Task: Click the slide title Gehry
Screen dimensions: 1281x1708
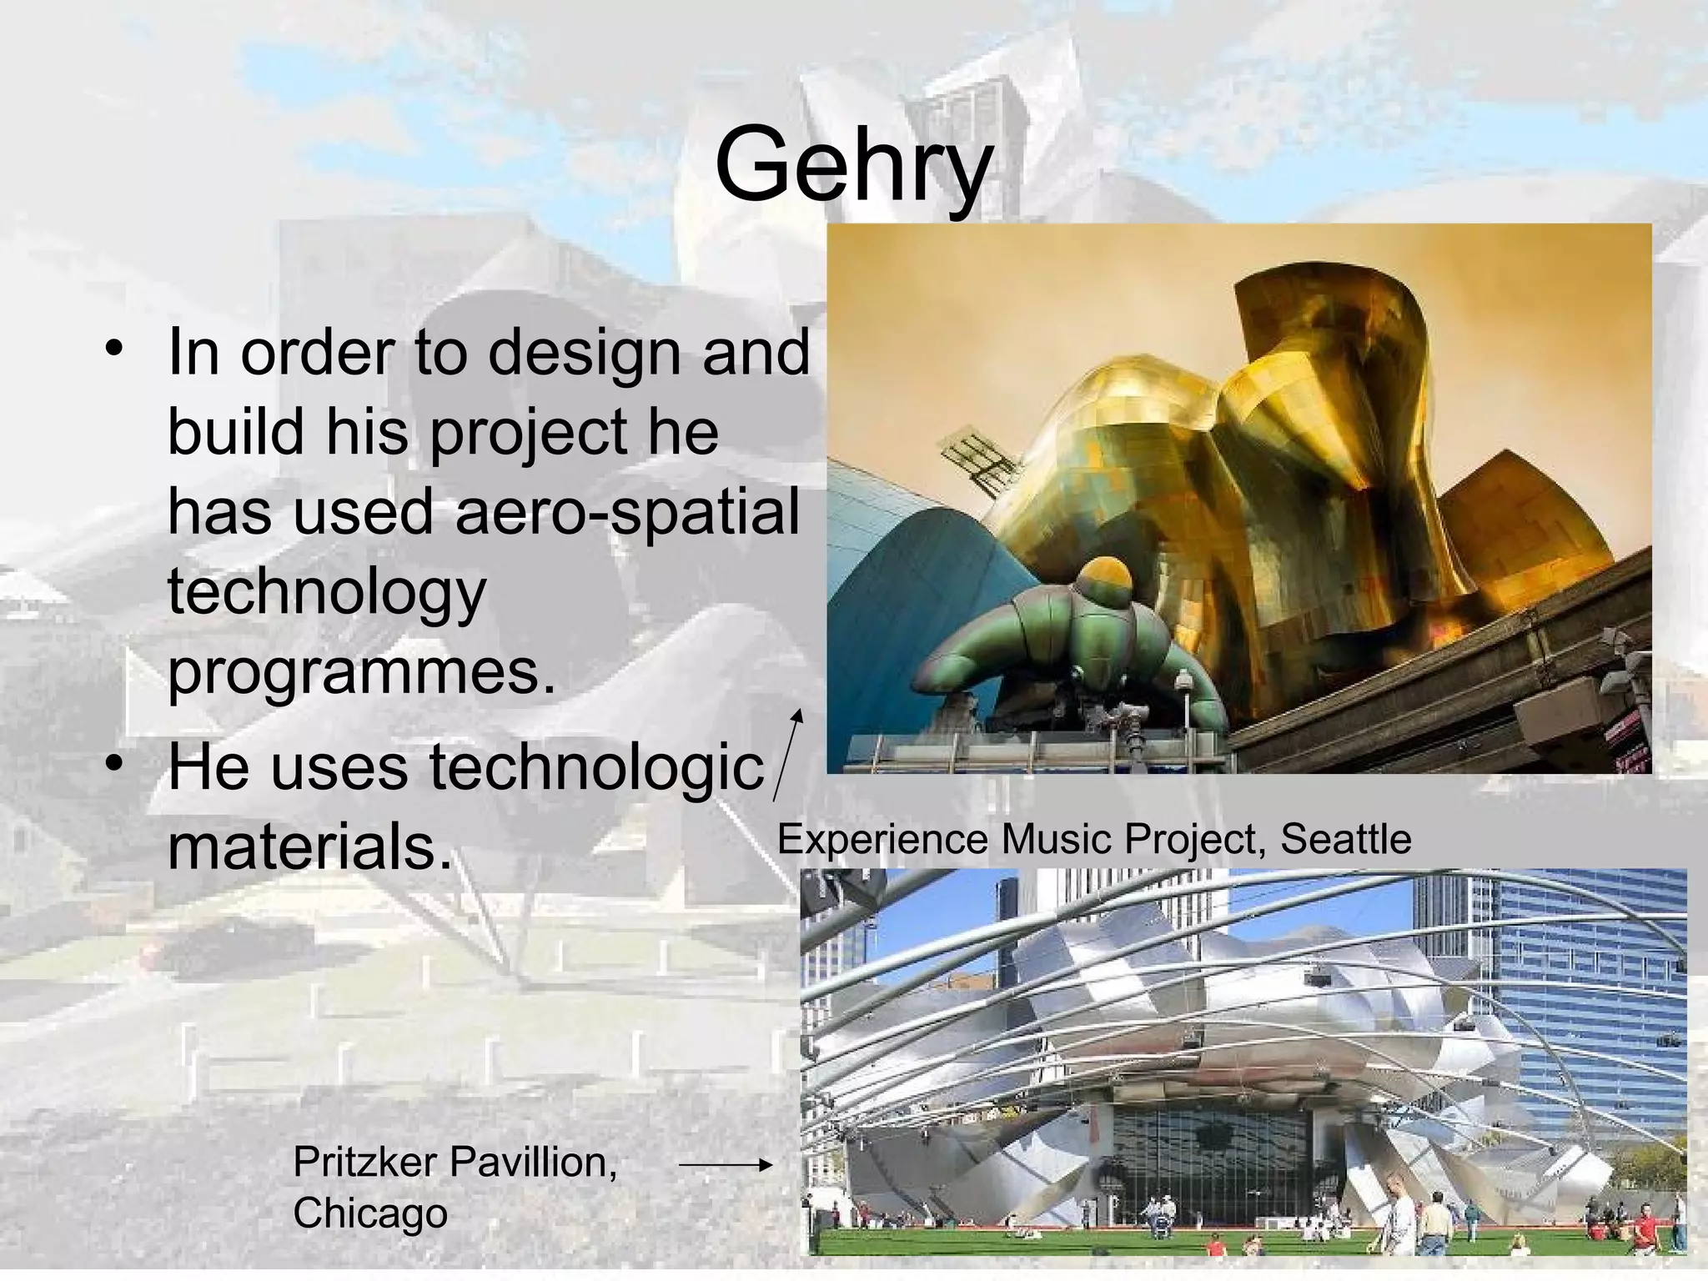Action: coord(853,164)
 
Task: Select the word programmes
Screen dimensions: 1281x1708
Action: coord(361,672)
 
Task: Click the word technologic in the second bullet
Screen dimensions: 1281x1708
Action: coord(596,766)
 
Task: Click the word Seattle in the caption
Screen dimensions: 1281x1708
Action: coord(1345,839)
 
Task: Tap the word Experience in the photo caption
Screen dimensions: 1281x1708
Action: coord(883,839)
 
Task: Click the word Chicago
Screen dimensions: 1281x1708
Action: coord(370,1213)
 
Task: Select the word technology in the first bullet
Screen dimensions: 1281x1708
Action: coord(326,591)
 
